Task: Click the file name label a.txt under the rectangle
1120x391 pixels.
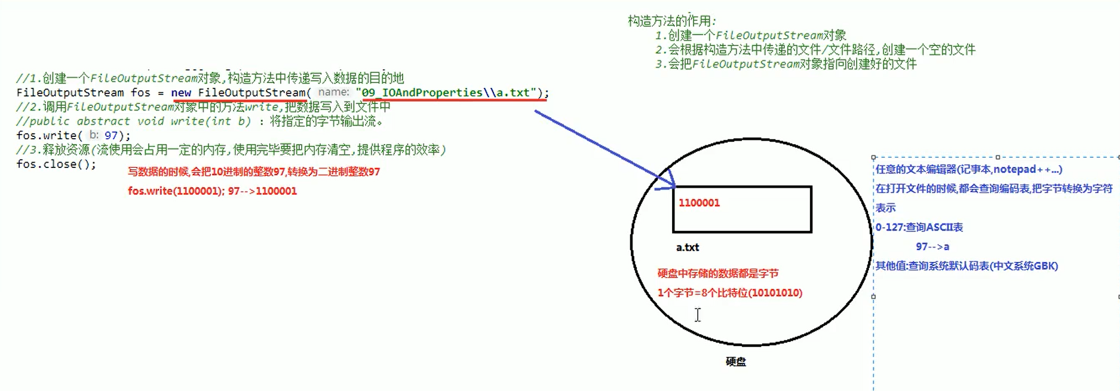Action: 687,247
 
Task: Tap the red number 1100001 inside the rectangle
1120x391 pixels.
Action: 699,203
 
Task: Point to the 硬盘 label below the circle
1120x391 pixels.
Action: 735,362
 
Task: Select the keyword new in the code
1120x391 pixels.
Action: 181,93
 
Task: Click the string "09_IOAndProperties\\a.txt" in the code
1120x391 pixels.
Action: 446,93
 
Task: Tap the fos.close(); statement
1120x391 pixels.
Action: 56,164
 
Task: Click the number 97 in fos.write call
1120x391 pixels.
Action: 111,136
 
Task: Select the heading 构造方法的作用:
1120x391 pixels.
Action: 672,21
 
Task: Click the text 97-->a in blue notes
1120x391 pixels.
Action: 932,246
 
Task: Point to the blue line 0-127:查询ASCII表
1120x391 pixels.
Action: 919,227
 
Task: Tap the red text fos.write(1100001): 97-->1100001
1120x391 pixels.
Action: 212,191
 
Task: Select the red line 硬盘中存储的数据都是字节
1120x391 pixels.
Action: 717,273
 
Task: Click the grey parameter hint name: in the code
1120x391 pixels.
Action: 333,92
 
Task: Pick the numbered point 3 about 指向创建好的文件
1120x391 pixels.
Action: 785,64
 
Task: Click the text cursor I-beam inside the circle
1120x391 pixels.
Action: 697,314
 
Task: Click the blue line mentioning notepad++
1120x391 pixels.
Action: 968,169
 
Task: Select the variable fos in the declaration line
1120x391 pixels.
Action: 140,93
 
